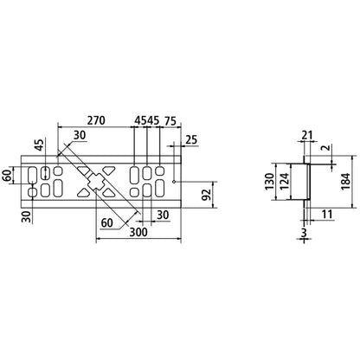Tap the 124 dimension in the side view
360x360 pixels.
(x=284, y=185)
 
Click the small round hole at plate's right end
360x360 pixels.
(x=175, y=182)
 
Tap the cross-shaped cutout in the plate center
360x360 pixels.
(x=95, y=182)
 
